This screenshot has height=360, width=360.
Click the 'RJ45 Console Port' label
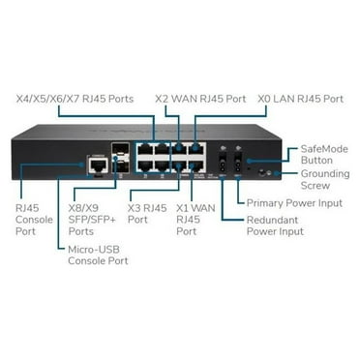30,219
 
